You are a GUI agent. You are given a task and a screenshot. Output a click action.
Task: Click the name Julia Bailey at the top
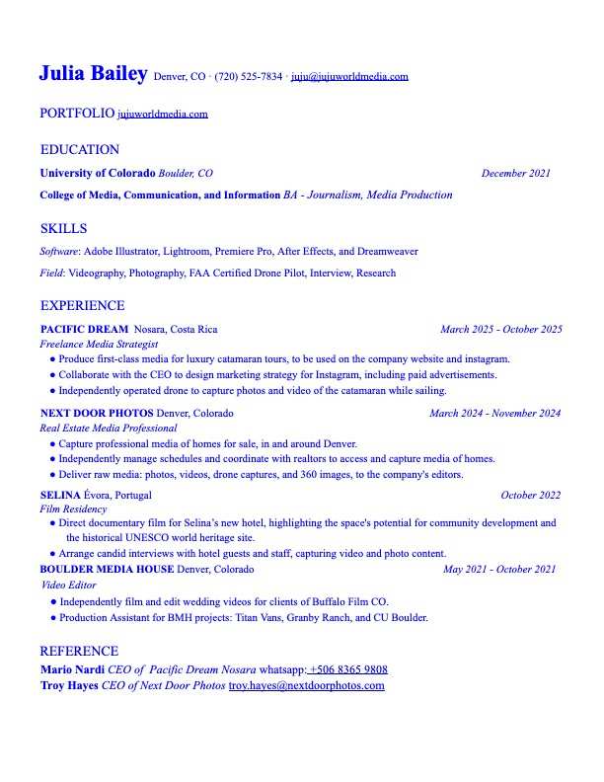[x=93, y=73]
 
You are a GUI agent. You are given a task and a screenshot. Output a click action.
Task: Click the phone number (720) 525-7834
[x=248, y=76]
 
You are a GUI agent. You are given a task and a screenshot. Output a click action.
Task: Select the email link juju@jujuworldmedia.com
[x=349, y=76]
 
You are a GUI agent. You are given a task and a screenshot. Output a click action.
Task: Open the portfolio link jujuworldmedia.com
[x=163, y=114]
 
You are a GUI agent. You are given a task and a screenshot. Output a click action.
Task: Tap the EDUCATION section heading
[x=79, y=150]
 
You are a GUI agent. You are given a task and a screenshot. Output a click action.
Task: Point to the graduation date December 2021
[x=515, y=174]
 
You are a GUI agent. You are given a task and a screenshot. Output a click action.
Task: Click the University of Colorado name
[x=97, y=174]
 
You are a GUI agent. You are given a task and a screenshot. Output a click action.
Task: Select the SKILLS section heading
[x=63, y=229]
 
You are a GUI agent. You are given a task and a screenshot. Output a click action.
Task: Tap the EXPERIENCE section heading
[x=82, y=306]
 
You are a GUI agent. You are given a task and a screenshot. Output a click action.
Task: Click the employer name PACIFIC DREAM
[x=84, y=329]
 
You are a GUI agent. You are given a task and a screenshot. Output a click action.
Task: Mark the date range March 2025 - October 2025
[x=500, y=329]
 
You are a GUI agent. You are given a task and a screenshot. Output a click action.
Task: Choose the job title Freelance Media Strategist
[x=99, y=345]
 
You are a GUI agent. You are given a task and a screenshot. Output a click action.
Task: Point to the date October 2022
[x=530, y=495]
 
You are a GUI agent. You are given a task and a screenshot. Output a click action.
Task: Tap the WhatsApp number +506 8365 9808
[x=348, y=669]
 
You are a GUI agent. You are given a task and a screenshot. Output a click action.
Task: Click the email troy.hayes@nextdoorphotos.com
[x=306, y=685]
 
